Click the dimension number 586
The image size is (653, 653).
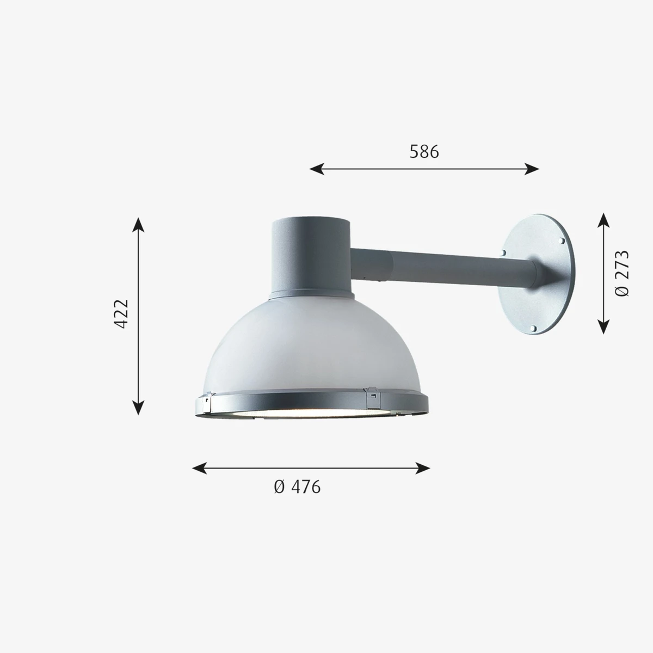click(x=424, y=151)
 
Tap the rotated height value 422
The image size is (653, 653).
click(x=121, y=314)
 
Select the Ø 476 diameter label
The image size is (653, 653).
click(x=297, y=487)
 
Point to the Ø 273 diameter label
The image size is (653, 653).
click(x=621, y=274)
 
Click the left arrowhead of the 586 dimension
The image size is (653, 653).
click(x=317, y=169)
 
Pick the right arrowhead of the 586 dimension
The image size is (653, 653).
click(x=532, y=169)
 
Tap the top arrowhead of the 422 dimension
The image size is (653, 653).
click(x=138, y=225)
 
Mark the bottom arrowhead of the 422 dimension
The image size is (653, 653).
click(x=138, y=408)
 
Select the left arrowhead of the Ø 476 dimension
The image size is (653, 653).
click(x=199, y=468)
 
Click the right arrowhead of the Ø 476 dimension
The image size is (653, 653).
click(x=423, y=468)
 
